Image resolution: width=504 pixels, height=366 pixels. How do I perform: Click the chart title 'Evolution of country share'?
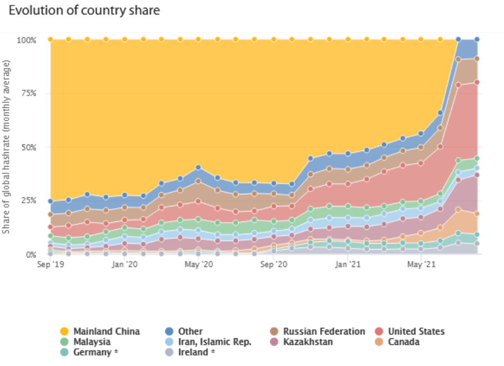84,11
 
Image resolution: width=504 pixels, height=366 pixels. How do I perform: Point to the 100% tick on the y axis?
26,40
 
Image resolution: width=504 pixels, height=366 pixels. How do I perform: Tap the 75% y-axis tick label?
28,94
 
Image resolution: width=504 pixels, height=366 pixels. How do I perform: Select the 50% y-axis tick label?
28,147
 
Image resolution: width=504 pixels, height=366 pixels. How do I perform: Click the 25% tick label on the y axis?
28,200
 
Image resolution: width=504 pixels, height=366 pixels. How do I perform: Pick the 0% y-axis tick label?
30,255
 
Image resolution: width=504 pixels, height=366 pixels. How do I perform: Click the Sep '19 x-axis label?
50,265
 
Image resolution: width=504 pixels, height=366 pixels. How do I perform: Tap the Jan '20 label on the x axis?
125,265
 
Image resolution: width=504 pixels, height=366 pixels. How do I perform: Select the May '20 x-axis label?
198,265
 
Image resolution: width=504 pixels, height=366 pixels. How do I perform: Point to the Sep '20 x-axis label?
273,265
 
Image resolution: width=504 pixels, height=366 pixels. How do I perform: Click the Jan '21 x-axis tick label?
348,265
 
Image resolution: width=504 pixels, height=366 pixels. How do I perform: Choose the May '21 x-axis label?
421,265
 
